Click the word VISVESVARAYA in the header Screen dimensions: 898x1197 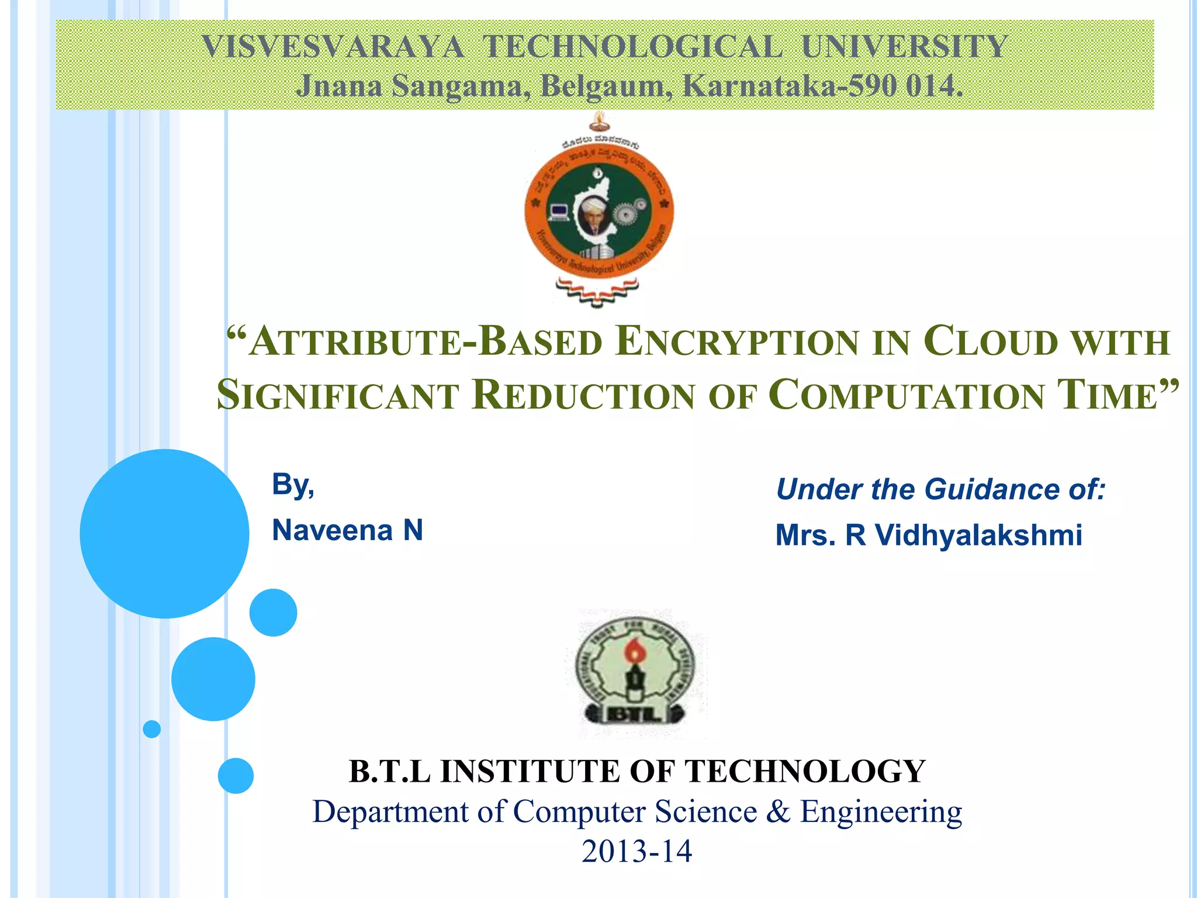(333, 47)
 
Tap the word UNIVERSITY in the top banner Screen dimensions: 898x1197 (904, 47)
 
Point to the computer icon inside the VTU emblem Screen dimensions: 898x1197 (559, 212)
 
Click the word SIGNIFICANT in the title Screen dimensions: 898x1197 (338, 395)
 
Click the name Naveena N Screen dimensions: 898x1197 (347, 530)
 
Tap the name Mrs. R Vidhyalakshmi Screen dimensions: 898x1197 (929, 535)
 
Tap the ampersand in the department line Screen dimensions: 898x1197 (778, 811)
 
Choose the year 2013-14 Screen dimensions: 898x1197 (636, 851)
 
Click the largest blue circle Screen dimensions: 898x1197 (164, 533)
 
